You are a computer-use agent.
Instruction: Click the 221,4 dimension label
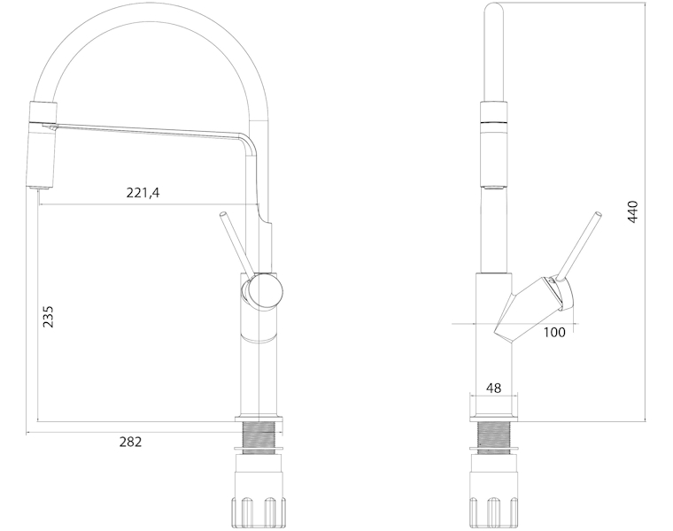143,193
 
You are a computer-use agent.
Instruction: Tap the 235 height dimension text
48,317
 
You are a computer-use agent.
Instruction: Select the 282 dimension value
130,442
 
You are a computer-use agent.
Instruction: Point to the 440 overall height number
632,212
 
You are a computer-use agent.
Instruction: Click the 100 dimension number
554,332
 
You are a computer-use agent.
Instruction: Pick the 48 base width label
493,388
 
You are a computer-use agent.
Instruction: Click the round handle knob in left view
264,292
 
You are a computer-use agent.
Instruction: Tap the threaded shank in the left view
259,435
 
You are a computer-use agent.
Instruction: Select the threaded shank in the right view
494,435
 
